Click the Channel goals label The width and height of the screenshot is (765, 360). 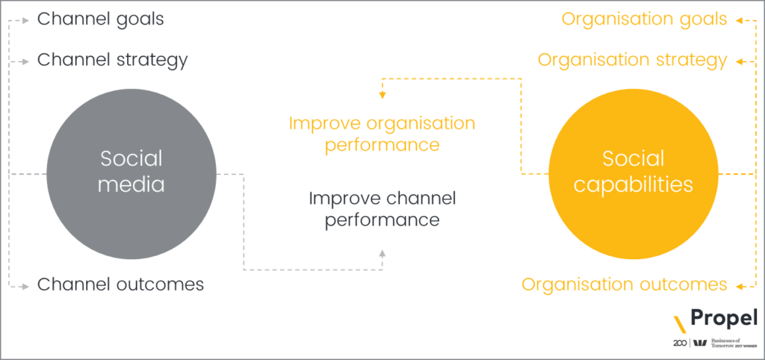[x=100, y=19]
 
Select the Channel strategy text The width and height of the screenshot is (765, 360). [x=112, y=59]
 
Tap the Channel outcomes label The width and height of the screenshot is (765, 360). [x=120, y=285]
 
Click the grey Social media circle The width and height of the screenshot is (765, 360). [x=131, y=171]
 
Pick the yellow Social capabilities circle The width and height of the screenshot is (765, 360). [x=634, y=171]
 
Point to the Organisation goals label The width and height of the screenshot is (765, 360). [x=644, y=19]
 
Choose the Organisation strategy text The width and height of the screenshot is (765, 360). [x=632, y=59]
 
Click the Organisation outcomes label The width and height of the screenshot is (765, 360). [x=624, y=285]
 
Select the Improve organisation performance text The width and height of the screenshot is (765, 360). [x=382, y=133]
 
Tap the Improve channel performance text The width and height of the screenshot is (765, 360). [x=382, y=210]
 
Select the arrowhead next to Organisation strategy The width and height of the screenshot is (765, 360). [x=737, y=60]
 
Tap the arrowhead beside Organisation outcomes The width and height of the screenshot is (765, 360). [x=737, y=285]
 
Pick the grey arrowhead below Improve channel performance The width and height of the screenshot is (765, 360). [x=382, y=255]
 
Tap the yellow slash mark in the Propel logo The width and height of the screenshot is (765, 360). [x=680, y=324]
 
